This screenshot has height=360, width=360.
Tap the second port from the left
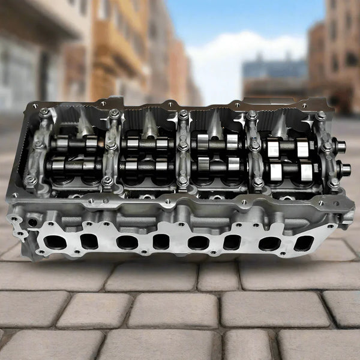tap(89, 241)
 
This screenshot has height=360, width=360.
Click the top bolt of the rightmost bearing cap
tap(322, 115)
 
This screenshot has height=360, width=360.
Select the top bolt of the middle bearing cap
tap(183, 114)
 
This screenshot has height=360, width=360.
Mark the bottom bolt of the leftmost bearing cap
tap(30, 179)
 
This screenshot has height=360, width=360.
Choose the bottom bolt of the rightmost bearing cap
tap(333, 181)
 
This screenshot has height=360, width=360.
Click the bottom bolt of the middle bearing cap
tap(182, 179)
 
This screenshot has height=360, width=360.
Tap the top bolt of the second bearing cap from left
tap(114, 113)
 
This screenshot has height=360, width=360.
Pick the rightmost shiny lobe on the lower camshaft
tap(305, 171)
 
